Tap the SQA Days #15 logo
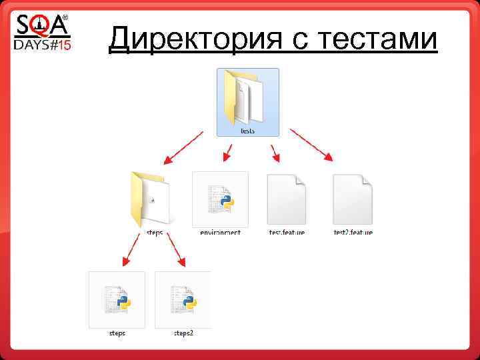click(42, 33)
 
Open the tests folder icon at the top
click(247, 97)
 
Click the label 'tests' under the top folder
click(247, 131)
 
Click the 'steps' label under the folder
click(154, 233)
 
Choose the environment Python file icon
click(220, 199)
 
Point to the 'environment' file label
click(220, 233)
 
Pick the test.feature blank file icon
click(286, 199)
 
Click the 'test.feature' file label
click(287, 233)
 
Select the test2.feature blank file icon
click(352, 199)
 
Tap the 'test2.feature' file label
click(353, 233)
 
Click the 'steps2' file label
click(183, 333)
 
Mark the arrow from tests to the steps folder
click(183, 147)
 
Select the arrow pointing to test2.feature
click(312, 145)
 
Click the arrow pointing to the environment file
click(227, 153)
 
